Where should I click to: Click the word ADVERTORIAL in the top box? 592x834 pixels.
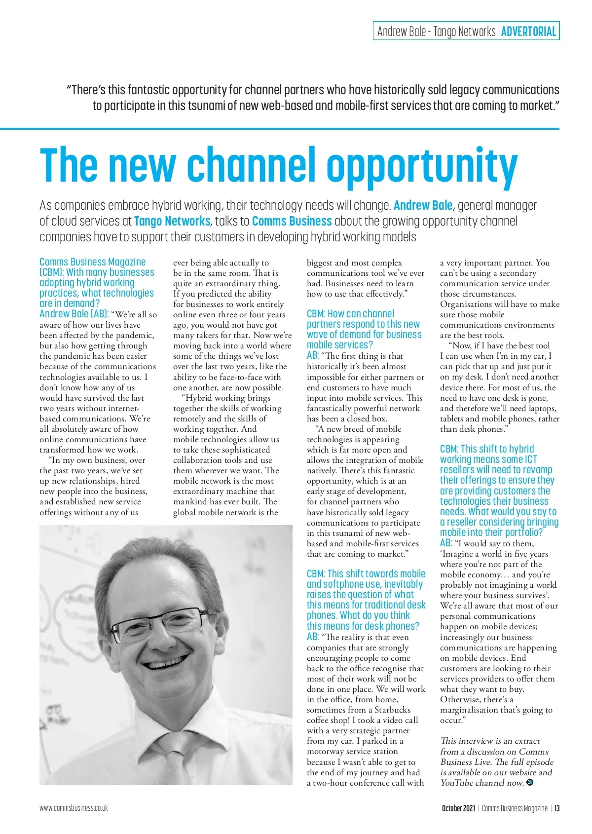tap(528, 32)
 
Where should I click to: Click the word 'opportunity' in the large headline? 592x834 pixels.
tap(422, 166)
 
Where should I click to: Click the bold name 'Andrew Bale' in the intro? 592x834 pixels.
tap(423, 205)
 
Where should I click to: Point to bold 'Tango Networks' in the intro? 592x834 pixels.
tap(172, 221)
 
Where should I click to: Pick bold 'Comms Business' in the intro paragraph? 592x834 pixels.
tap(292, 221)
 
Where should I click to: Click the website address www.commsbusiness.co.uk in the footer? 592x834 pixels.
tap(74, 808)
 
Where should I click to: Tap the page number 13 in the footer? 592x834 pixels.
tap(556, 808)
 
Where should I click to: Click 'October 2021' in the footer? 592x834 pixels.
tap(458, 808)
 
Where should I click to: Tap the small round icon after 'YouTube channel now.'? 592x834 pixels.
tap(530, 782)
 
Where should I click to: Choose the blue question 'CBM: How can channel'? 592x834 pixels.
tap(350, 314)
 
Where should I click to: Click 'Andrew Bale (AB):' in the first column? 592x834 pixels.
tap(74, 314)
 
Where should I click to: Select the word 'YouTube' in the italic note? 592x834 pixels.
tap(459, 783)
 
